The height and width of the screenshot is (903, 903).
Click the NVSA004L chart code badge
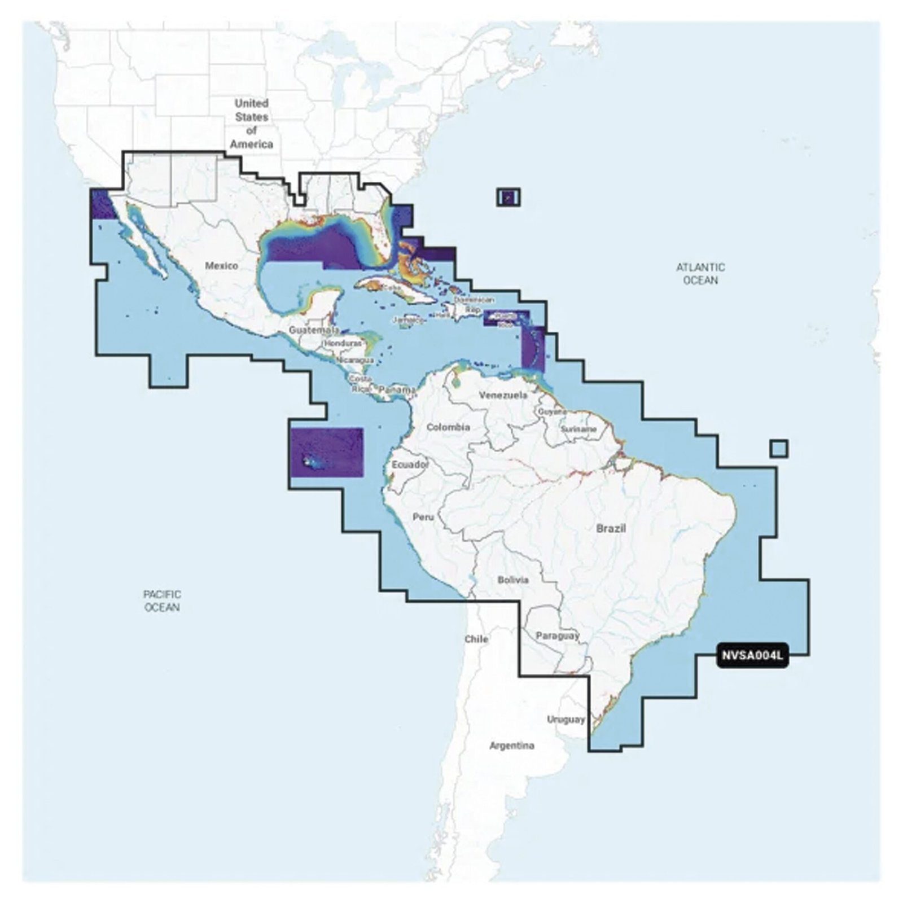(752, 656)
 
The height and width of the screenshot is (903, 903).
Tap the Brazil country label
(611, 528)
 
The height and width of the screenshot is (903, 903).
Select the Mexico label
(221, 265)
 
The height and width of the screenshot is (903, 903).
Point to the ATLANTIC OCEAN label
(700, 274)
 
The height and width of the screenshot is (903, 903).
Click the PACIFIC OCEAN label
(162, 600)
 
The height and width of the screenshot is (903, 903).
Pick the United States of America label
(252, 124)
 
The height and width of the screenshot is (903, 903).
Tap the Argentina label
(511, 746)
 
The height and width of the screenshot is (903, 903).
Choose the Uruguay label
(566, 720)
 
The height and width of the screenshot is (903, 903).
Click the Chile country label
(476, 639)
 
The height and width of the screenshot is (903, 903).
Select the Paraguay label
(558, 636)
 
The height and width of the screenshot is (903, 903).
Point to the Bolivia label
(513, 580)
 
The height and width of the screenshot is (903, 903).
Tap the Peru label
(423, 516)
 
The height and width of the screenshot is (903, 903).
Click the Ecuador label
(410, 464)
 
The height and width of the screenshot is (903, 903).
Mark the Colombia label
(448, 427)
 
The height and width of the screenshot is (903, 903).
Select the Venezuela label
(503, 395)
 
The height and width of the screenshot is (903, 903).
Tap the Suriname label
(578, 429)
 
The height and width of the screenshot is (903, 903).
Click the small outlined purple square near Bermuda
(509, 198)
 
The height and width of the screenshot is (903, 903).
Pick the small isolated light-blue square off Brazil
(779, 449)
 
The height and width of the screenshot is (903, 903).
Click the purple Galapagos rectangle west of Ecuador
(326, 453)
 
